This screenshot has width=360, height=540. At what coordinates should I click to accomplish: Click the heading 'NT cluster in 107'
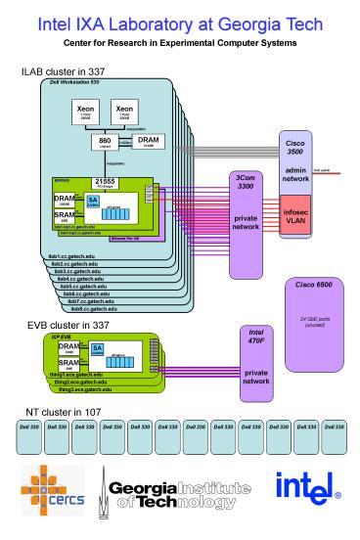[x=61, y=411]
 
